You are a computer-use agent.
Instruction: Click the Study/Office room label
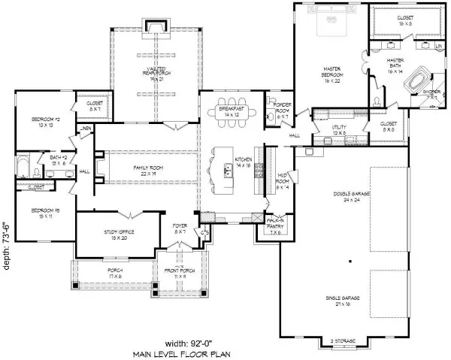coord(119,235)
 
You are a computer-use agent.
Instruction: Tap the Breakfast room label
coord(232,111)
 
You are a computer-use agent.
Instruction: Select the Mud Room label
coord(283,184)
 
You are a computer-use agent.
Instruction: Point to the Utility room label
coord(338,129)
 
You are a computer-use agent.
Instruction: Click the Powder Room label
coord(281,110)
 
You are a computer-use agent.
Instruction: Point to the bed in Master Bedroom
coord(329,24)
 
